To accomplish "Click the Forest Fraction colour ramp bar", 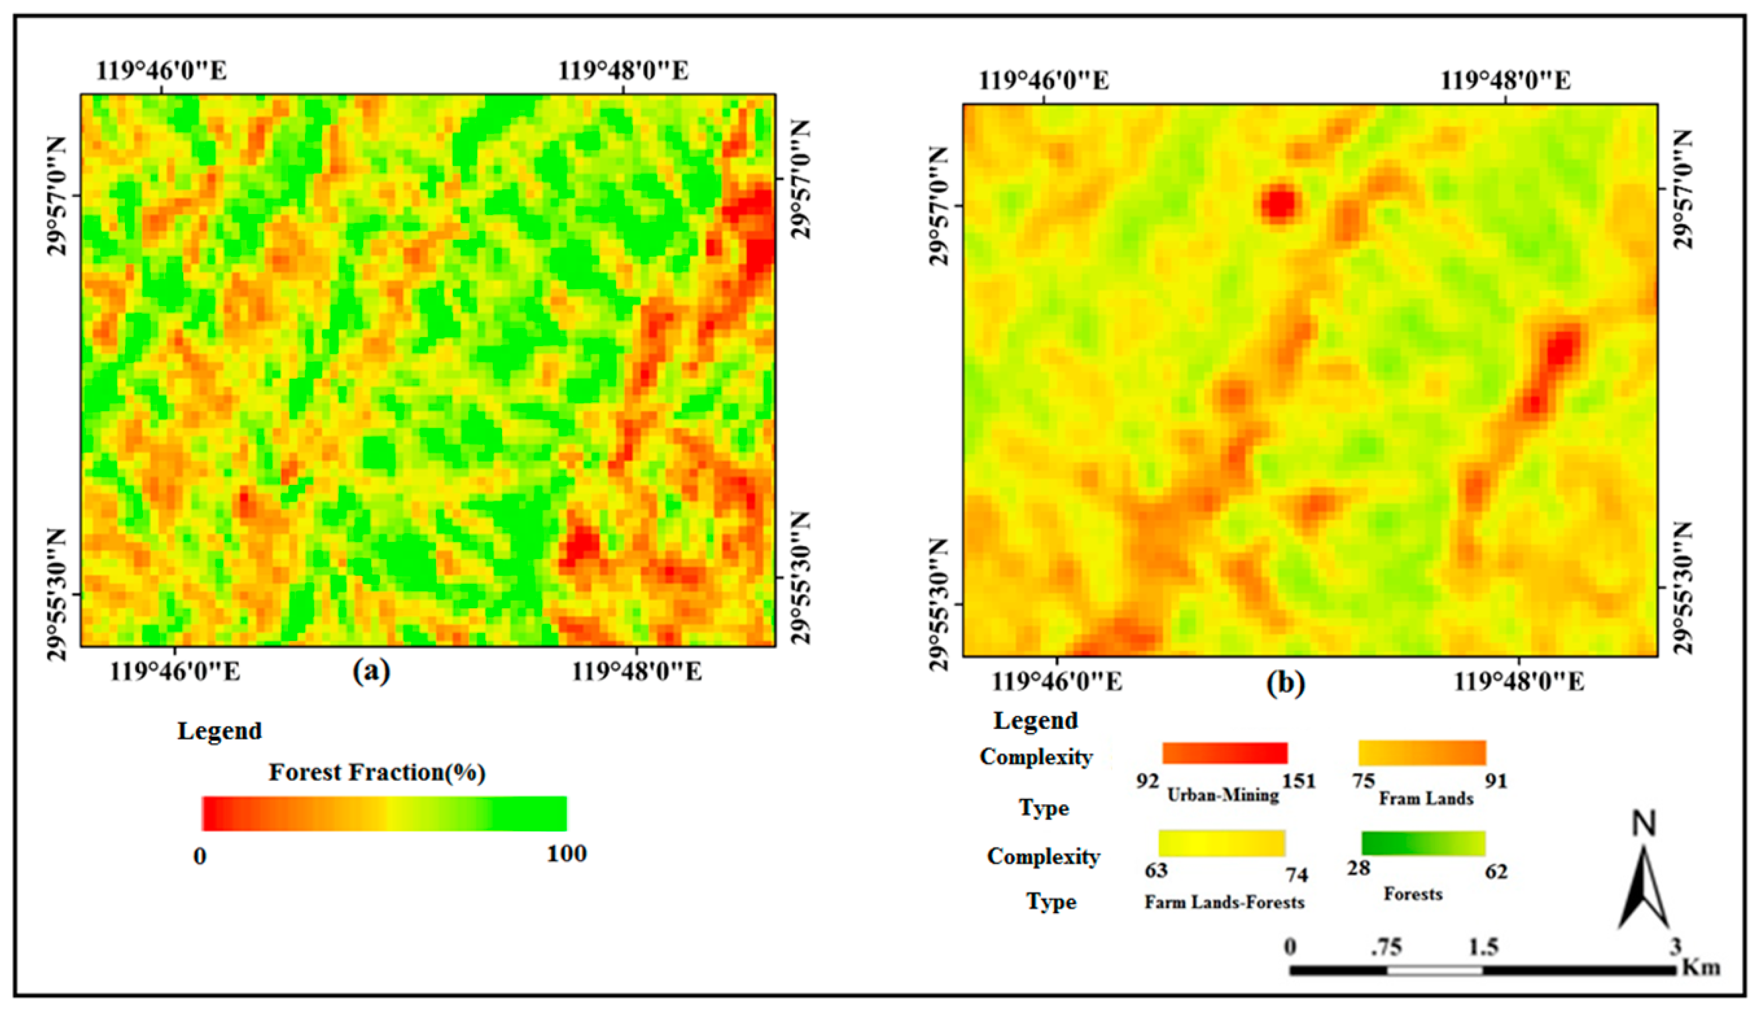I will click(384, 814).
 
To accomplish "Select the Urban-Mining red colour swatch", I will click(1224, 753).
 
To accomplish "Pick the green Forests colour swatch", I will click(1423, 843).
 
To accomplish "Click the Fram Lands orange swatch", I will click(1422, 753).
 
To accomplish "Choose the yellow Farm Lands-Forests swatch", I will click(1221, 843).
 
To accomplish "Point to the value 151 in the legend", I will click(1299, 781).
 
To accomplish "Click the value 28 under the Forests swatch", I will click(1358, 869).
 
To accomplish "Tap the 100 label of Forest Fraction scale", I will click(566, 854).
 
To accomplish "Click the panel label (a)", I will click(371, 671).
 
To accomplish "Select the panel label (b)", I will click(1285, 683).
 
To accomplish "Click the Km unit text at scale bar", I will click(1701, 967).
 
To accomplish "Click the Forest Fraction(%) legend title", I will click(377, 772).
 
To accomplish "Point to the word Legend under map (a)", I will click(219, 730).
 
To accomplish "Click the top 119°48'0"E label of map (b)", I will click(1505, 81).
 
